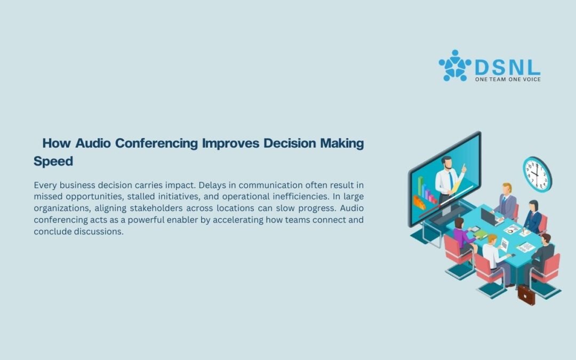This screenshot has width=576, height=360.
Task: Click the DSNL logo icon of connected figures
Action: click(455, 66)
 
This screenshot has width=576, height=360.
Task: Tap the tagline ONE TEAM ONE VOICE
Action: click(508, 79)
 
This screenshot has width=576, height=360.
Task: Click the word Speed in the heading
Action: click(53, 161)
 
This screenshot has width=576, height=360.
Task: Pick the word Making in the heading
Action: click(342, 143)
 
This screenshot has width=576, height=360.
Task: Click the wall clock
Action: click(537, 174)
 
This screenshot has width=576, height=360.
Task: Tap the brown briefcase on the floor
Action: click(526, 295)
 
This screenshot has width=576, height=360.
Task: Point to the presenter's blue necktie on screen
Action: click(451, 180)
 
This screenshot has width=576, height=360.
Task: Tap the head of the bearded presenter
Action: click(447, 163)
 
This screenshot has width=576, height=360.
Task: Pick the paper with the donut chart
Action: click(511, 230)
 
